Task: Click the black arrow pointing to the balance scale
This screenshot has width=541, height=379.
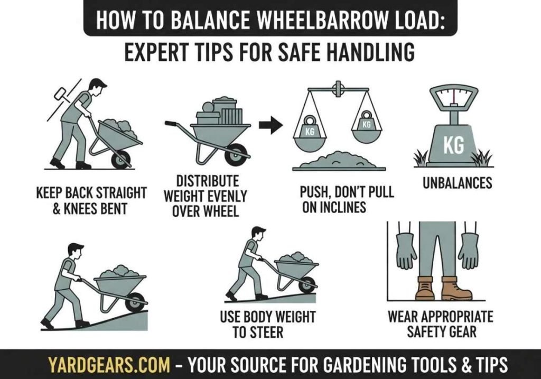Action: click(x=270, y=125)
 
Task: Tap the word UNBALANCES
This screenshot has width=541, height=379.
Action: click(x=458, y=183)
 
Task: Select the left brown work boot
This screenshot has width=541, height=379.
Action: click(x=425, y=288)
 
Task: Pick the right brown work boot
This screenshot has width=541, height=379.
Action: click(x=455, y=288)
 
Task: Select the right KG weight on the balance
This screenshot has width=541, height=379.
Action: click(x=366, y=124)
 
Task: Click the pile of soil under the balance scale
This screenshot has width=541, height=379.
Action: click(x=339, y=160)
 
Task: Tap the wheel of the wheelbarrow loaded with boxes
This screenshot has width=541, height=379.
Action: click(x=236, y=153)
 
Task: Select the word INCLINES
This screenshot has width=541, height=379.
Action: click(x=334, y=207)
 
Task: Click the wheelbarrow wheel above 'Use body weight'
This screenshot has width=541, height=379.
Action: click(x=306, y=285)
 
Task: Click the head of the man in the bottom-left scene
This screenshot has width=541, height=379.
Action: click(x=75, y=251)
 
